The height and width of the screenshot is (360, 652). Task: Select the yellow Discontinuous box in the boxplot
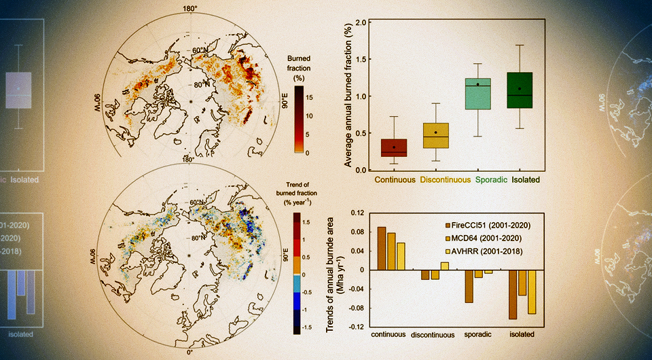point(435,136)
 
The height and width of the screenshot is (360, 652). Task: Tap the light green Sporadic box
point(477,93)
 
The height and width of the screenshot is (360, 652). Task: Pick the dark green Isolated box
point(520,90)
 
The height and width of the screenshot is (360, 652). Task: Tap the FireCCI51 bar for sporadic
point(469,286)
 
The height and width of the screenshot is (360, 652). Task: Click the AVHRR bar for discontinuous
point(444,266)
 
